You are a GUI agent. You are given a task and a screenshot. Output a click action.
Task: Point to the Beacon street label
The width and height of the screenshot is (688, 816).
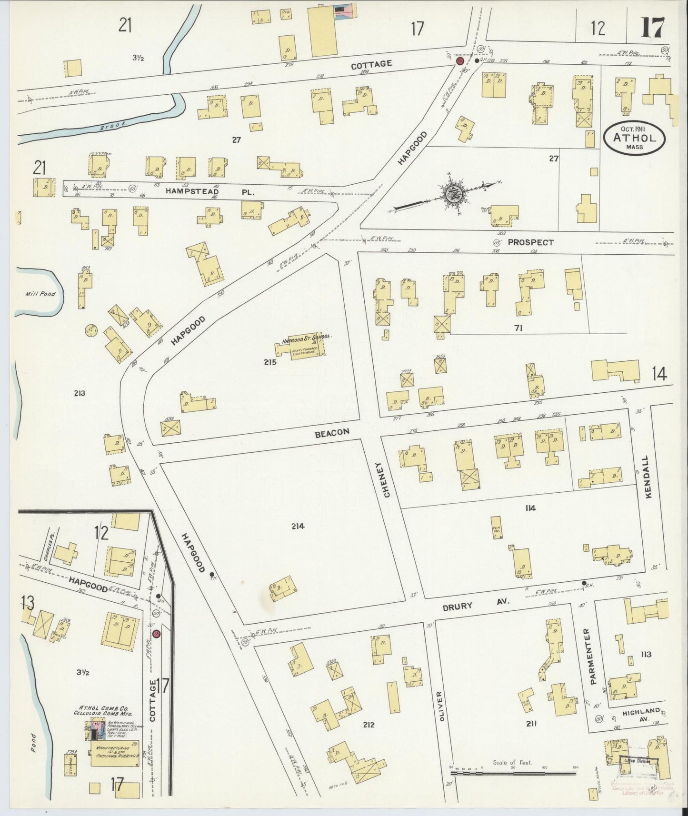tap(331, 432)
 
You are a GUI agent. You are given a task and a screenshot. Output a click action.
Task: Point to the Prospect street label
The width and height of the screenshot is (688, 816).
tap(530, 242)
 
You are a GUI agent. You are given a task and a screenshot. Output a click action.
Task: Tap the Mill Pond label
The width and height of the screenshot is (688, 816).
tap(40, 294)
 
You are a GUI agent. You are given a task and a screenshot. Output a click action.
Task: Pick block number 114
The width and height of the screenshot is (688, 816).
tap(530, 508)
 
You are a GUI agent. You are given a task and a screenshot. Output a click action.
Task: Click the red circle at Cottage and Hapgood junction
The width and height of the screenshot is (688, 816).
tap(460, 61)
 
